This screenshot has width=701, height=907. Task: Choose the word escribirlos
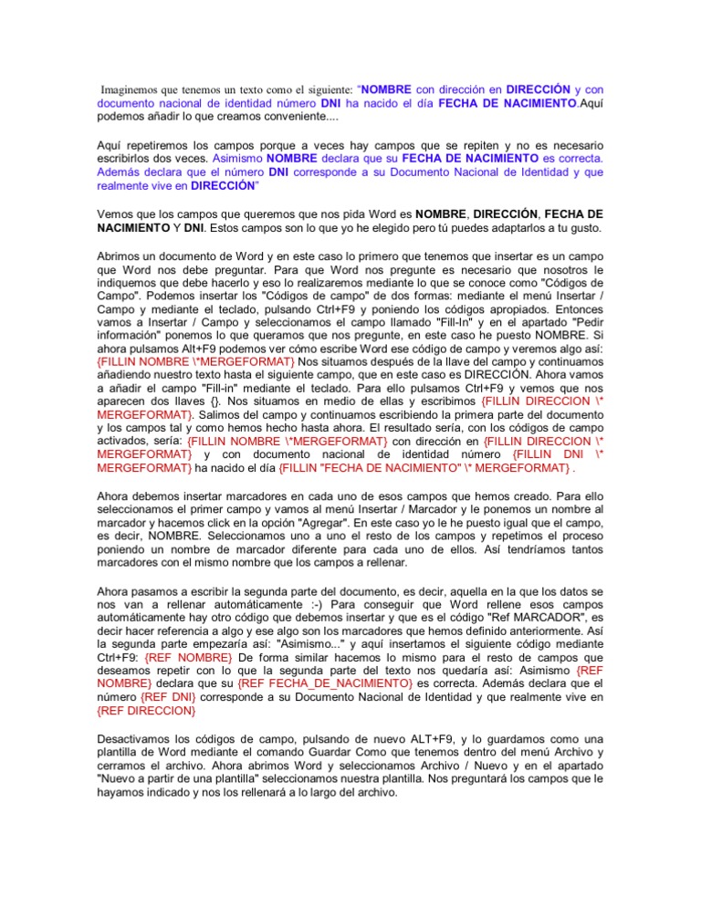[131, 157]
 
